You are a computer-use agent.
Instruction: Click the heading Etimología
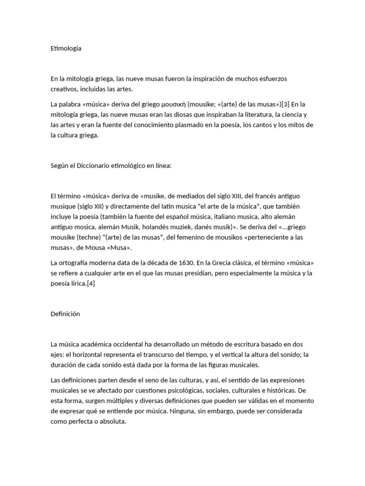pos(66,48)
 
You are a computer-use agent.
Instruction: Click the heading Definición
pos(65,314)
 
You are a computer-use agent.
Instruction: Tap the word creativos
pos(65,88)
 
